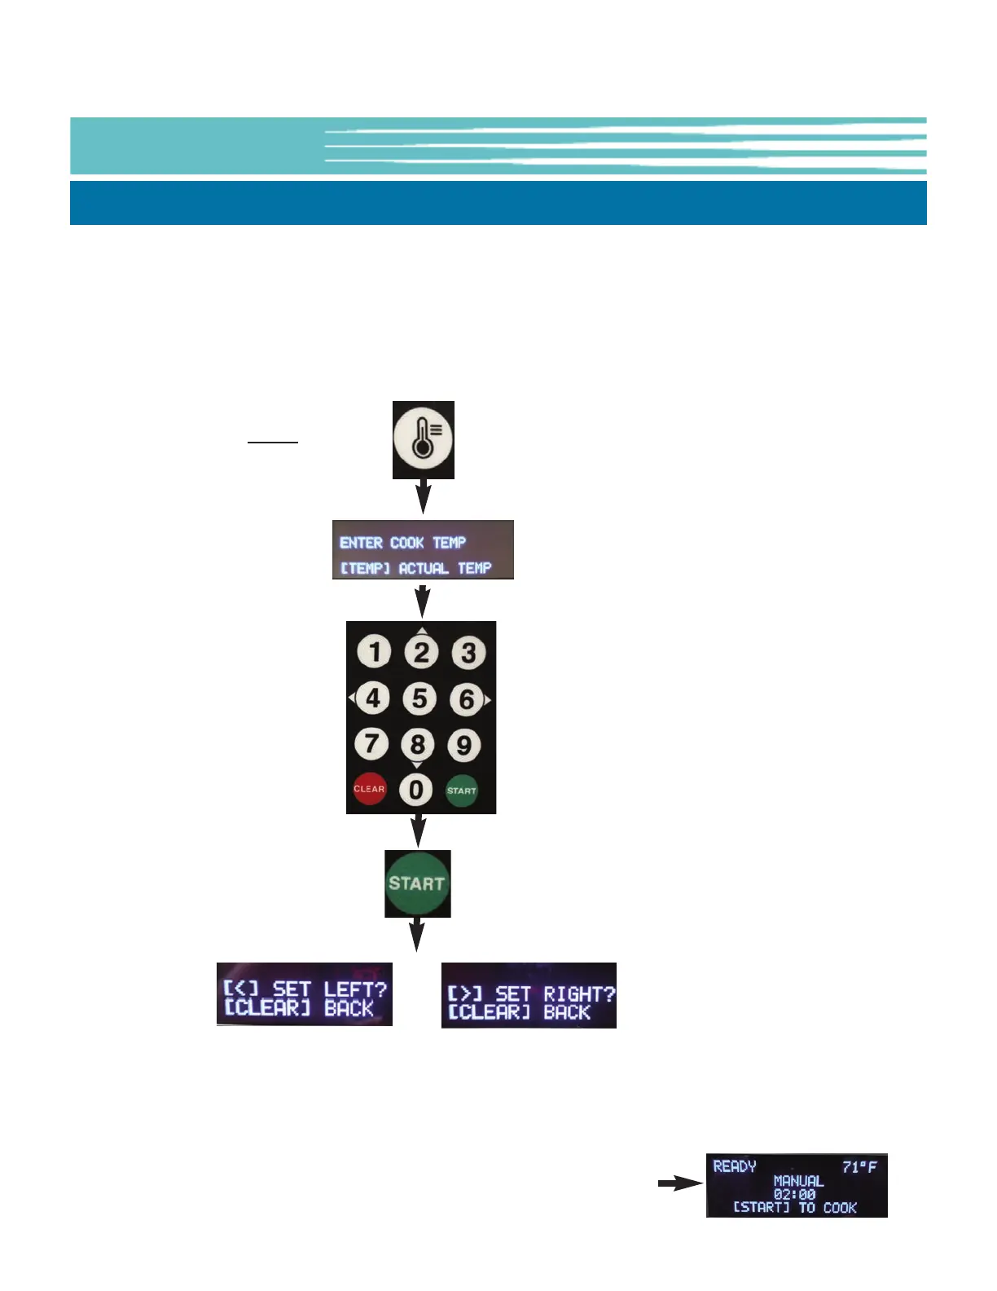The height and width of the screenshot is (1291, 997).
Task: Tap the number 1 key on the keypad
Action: click(x=374, y=652)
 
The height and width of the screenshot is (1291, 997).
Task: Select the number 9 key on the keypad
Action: click(x=463, y=745)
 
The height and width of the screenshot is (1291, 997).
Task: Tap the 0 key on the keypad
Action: click(x=416, y=789)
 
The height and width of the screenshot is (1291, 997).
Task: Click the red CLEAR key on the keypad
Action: click(x=369, y=789)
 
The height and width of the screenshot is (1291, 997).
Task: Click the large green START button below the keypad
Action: click(x=417, y=883)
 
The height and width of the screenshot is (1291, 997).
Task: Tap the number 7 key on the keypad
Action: click(x=371, y=743)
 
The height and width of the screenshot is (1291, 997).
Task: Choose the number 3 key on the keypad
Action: click(x=468, y=653)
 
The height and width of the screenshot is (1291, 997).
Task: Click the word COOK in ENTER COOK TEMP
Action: click(x=406, y=543)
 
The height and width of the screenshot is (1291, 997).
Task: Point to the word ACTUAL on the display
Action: click(x=424, y=568)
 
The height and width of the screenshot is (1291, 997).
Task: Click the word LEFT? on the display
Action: click(x=354, y=989)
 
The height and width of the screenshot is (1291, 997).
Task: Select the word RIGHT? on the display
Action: click(x=579, y=994)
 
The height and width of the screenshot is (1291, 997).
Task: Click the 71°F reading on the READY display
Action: click(x=859, y=1167)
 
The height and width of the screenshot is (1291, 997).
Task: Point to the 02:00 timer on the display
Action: click(x=795, y=1194)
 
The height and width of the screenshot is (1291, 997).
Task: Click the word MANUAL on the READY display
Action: click(x=798, y=1181)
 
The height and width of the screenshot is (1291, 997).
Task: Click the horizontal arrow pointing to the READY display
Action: click(x=679, y=1184)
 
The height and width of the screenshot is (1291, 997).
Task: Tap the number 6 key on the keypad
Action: click(x=467, y=699)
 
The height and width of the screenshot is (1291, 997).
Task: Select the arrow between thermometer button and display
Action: click(x=424, y=496)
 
